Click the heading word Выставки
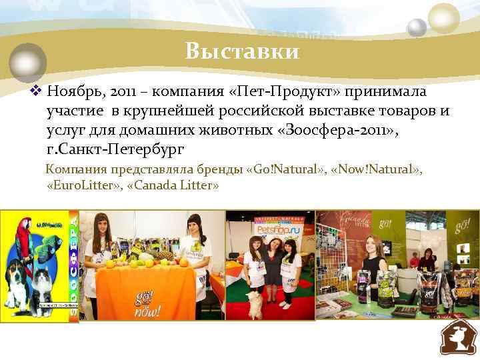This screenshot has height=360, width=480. click(243, 51)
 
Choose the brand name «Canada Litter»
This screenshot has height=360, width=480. click(176, 185)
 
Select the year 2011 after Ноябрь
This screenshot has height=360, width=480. click(111, 91)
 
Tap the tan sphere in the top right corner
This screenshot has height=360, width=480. click(443, 17)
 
